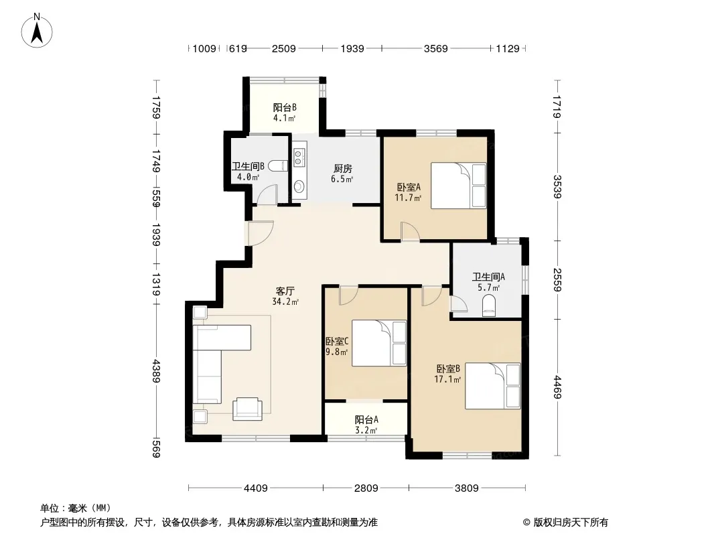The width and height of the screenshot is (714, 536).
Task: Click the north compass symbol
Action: pos(37,30)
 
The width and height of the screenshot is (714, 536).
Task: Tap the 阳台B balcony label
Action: pos(285,113)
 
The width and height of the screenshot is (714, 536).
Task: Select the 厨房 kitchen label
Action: pos(342,174)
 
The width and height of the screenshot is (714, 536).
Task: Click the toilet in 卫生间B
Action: pos(278,165)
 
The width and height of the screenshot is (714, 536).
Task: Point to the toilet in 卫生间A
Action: pos(488,306)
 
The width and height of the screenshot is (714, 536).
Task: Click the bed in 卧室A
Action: pos(459,186)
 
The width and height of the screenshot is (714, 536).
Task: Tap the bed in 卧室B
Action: pos(493,386)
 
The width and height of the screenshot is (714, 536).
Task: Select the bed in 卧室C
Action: pos(379,343)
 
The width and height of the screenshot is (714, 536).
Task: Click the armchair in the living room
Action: pos(247,409)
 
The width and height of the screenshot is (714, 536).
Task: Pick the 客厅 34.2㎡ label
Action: pos(285,296)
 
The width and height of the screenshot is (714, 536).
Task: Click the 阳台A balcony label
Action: pos(366,424)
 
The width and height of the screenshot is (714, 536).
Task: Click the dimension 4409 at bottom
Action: pos(255,488)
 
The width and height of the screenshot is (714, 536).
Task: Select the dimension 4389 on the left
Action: pos(156,371)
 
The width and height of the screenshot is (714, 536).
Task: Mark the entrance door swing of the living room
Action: pos(260,233)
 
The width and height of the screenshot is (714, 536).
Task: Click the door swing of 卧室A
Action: pos(410,231)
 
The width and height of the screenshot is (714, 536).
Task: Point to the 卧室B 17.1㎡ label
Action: pos(447,373)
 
